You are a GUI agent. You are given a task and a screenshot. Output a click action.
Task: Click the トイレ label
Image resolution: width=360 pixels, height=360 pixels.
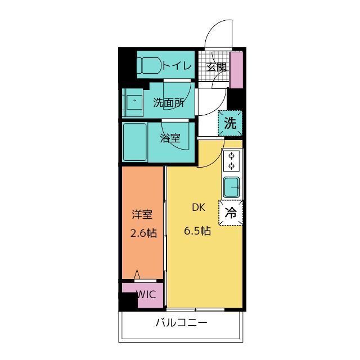pos(177,66)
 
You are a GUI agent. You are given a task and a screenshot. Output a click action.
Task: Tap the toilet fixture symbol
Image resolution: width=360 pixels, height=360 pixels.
pos(149,65)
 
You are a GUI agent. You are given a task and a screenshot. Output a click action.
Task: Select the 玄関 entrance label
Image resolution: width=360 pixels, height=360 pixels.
pos(216,67)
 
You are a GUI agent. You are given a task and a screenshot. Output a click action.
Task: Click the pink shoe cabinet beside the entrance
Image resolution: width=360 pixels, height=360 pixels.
pos(236,70)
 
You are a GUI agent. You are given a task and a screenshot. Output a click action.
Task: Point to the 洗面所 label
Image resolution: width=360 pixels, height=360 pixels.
pos(169,102)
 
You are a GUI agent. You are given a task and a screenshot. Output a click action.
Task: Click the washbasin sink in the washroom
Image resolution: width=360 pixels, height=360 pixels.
pos(134,102)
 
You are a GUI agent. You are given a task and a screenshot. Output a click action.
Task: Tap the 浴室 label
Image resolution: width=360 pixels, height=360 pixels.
pos(170,138)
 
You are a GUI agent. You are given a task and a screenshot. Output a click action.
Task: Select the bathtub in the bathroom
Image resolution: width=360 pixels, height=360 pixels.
pos(135,142)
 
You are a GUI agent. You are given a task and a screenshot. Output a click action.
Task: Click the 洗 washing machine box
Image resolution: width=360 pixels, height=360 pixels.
pos(230,123)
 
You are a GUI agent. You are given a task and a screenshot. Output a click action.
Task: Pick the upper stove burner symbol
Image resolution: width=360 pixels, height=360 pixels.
pos(231,156)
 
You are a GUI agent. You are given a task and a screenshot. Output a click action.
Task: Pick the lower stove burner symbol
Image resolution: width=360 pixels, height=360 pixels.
pos(231,165)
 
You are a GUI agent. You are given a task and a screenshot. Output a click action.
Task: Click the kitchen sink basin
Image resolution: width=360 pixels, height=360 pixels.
pos(231,187)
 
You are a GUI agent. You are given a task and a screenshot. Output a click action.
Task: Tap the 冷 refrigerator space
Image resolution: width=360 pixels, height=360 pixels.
pos(230,213)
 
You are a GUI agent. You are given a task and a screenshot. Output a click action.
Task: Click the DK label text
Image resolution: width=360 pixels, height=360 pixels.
pos(199,208)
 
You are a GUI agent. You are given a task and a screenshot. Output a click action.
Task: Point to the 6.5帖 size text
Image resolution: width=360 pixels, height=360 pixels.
pos(197,231)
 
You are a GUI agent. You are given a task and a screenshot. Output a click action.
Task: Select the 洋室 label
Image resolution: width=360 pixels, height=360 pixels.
pos(142,215)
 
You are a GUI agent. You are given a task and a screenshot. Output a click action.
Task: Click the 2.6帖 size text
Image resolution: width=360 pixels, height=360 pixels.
pos(144,233)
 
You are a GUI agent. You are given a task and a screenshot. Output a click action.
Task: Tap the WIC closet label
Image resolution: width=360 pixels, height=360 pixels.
pos(146,295)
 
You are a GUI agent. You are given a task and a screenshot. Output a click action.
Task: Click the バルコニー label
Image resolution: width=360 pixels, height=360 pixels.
pos(181,323)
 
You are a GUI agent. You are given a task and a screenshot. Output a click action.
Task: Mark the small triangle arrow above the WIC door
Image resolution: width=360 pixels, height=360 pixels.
pos(137,274)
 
